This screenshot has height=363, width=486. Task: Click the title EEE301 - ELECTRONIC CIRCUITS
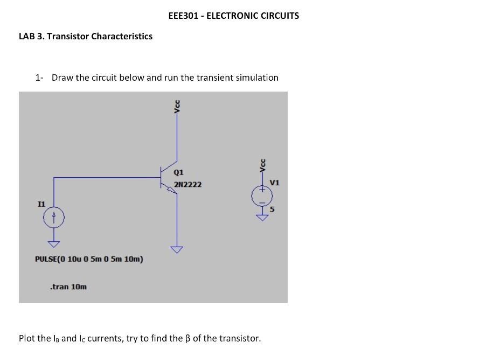pyautogui.click(x=233, y=16)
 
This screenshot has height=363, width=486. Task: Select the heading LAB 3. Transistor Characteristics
pyautogui.click(x=86, y=36)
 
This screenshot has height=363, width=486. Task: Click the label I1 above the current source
pyautogui.click(x=41, y=204)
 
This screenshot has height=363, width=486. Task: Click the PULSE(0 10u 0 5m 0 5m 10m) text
pyautogui.click(x=89, y=259)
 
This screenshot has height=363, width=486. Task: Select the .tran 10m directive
pyautogui.click(x=68, y=287)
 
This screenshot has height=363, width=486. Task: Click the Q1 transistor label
pyautogui.click(x=179, y=172)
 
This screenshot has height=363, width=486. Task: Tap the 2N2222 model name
pyautogui.click(x=188, y=184)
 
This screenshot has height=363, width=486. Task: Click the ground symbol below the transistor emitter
pyautogui.click(x=177, y=249)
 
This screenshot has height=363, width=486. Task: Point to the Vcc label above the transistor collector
pyautogui.click(x=177, y=107)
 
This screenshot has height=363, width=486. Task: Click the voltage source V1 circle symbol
pyautogui.click(x=261, y=196)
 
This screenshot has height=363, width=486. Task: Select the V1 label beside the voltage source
pyautogui.click(x=275, y=183)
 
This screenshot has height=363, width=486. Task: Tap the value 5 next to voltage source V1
pyautogui.click(x=272, y=210)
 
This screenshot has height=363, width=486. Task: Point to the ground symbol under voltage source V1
pyautogui.click(x=261, y=217)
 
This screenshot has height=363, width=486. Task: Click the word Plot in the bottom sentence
pyautogui.click(x=27, y=338)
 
